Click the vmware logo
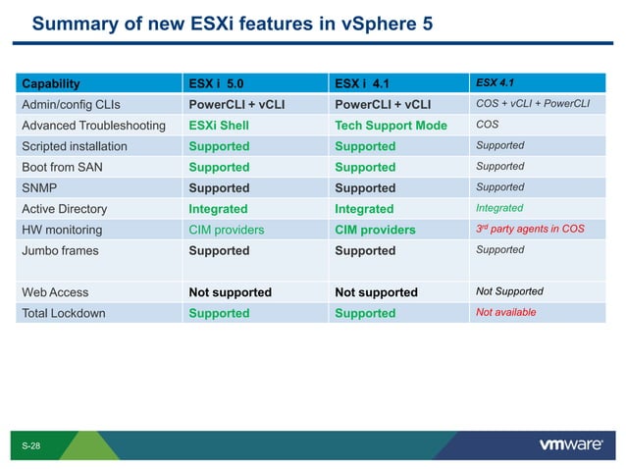[570, 444]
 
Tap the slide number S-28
[31, 446]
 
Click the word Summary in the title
[72, 23]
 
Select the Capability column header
[51, 83]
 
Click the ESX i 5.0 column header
[223, 83]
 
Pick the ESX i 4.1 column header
[369, 83]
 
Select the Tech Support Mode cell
[391, 126]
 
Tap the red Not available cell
[505, 312]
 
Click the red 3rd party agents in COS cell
[531, 230]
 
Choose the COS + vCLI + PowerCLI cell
[533, 104]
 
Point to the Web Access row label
[55, 292]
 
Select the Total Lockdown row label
[64, 313]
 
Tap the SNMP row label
[39, 187]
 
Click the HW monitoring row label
[62, 230]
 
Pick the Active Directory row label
[65, 209]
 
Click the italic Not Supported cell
[509, 291]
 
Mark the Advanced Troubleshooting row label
[94, 126]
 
